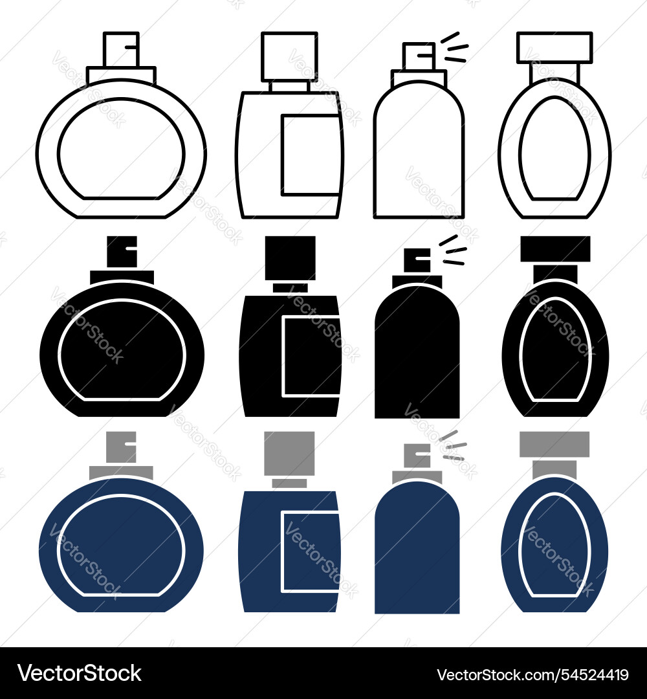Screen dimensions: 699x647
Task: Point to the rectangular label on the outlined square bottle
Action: coord(311,155)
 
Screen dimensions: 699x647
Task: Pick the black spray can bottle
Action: coord(417,356)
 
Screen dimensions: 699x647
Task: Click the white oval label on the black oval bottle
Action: coord(555,349)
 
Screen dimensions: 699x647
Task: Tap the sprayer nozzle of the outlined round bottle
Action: coord(121,49)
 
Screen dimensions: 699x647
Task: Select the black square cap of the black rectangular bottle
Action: coord(290,258)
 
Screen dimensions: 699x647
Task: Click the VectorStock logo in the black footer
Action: coord(80,674)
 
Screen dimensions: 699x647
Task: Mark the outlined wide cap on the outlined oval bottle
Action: coord(555,47)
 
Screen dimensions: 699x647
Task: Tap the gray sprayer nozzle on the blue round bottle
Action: coord(121,447)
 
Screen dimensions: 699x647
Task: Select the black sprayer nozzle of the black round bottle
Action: coord(121,252)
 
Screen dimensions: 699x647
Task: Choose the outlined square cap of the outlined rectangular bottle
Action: coord(289,56)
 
